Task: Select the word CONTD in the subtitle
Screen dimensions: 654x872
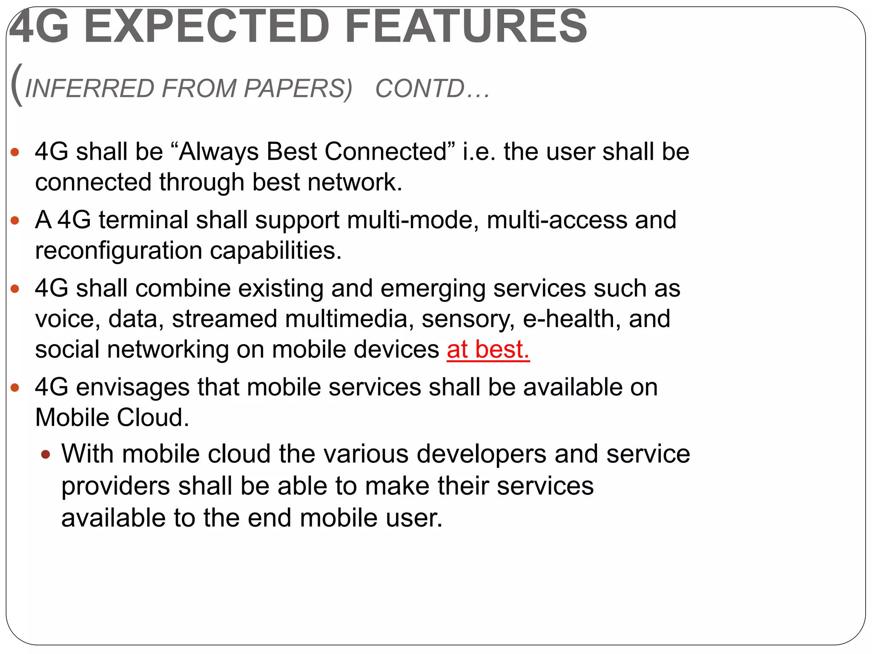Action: [420, 89]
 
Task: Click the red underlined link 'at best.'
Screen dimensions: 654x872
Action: [488, 350]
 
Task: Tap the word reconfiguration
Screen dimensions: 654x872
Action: [118, 251]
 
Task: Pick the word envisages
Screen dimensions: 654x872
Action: [133, 388]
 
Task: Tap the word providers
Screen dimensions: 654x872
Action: [116, 487]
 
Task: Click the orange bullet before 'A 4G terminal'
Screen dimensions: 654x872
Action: [15, 221]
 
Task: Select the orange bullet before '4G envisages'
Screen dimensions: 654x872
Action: [15, 387]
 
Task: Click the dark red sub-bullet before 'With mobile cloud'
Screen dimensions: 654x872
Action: [46, 454]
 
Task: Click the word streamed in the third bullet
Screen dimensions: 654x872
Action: [224, 319]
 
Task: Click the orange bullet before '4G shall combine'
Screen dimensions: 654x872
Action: [15, 289]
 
